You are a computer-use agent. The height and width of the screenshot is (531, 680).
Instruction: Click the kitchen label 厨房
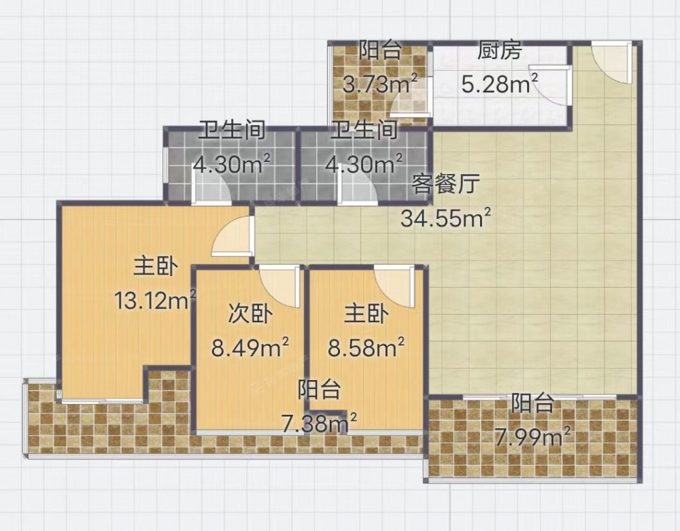pos(499,52)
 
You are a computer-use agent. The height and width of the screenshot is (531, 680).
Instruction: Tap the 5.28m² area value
pos(500,83)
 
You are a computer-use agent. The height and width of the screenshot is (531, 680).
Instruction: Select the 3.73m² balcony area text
pos(380,83)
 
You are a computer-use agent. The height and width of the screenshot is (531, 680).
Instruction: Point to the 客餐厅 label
pos(445,184)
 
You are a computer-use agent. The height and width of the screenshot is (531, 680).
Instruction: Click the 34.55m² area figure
pos(446,218)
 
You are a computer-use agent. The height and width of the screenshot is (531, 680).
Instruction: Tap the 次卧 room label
pos(250,313)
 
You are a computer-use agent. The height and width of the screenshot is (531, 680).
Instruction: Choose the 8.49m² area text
pos(250,347)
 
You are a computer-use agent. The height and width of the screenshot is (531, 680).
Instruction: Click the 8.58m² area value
pos(366,347)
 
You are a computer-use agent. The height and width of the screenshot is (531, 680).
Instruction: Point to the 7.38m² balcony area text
pos(319,423)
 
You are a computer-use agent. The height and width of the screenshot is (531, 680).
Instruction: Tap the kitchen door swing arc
pos(547,85)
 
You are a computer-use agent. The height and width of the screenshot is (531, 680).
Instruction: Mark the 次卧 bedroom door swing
pos(280,286)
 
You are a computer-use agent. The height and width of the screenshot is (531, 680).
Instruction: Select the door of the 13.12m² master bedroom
pos(232,235)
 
